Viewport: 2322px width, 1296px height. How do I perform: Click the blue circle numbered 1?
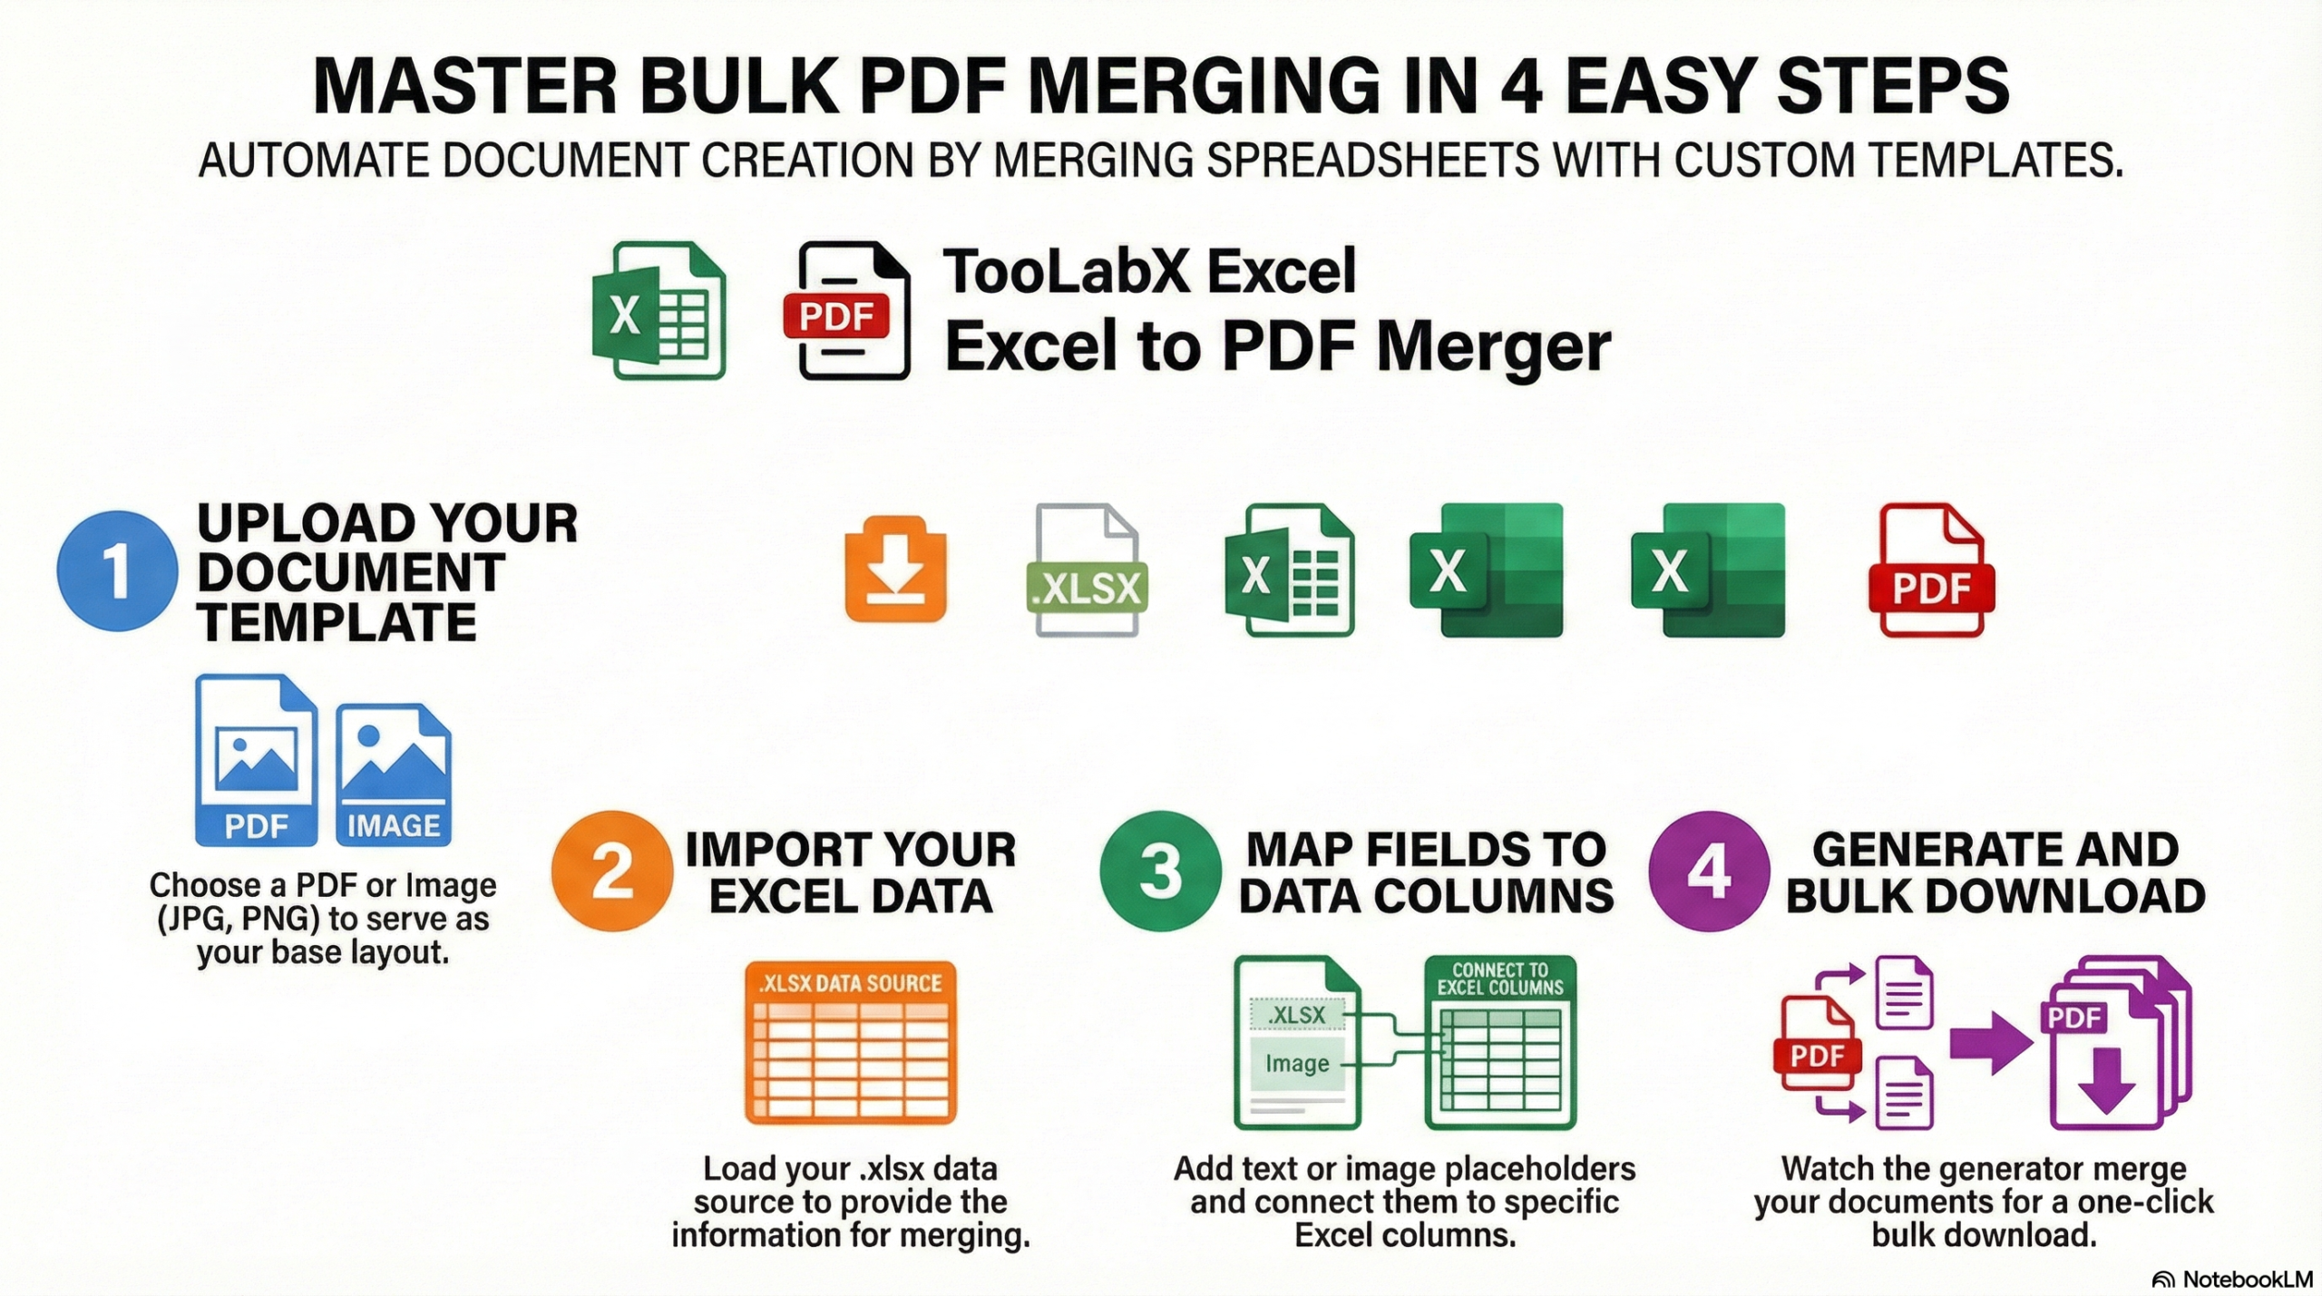(116, 571)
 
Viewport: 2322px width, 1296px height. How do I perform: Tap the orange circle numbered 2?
(612, 871)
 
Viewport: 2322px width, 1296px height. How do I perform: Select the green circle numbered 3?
(1160, 871)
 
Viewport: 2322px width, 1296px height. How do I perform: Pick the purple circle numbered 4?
(1709, 871)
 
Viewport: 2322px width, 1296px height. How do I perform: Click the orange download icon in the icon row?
(895, 570)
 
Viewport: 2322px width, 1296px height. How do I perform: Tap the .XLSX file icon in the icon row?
(1087, 570)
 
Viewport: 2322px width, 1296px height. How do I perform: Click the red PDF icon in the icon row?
(1931, 570)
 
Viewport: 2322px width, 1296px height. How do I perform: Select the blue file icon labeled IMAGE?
(394, 775)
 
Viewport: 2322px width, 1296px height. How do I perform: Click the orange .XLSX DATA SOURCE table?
(850, 1043)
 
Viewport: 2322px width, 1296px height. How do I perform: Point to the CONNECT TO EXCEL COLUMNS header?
(1500, 979)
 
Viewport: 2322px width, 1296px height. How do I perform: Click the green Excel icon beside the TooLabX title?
(659, 311)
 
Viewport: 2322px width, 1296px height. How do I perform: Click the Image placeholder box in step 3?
(1296, 1064)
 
